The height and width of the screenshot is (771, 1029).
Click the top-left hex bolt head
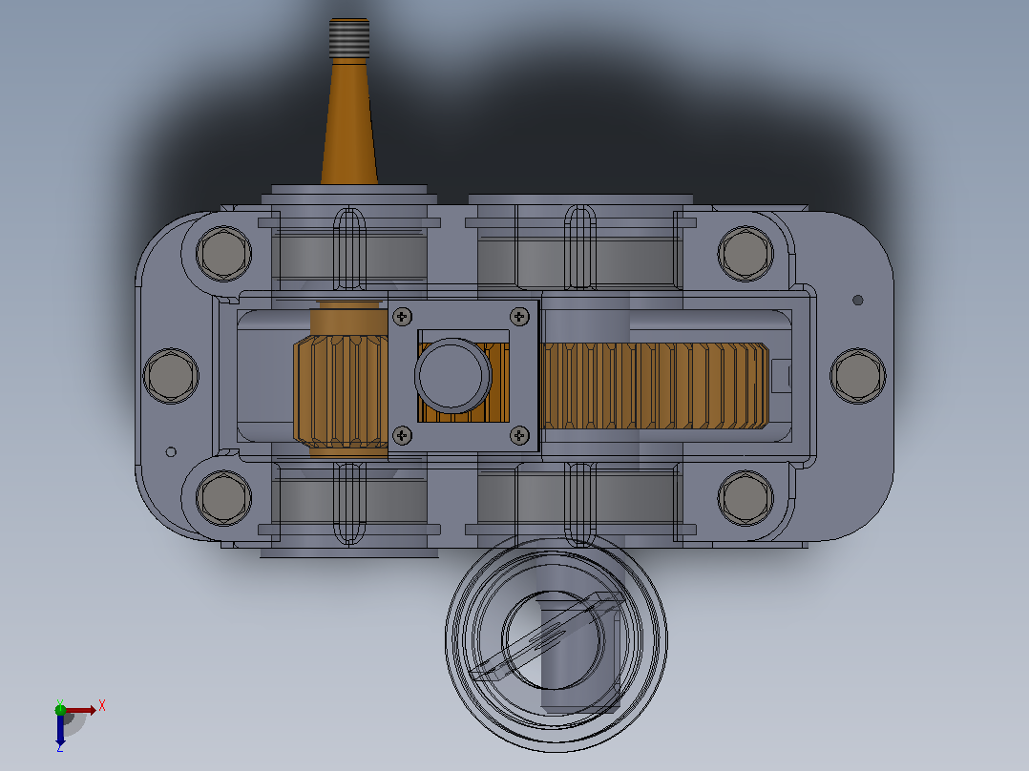(x=223, y=253)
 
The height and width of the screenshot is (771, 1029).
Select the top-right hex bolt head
(x=745, y=253)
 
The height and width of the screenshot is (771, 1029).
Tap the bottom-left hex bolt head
(x=223, y=497)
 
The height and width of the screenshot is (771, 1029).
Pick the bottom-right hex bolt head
(x=745, y=497)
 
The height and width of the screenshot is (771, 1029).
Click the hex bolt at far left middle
(x=171, y=376)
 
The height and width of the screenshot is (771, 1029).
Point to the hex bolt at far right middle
(x=858, y=376)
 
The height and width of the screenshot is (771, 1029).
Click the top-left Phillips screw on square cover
(x=402, y=318)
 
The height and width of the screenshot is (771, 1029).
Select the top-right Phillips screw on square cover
(x=519, y=317)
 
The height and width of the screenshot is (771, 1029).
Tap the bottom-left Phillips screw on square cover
(x=402, y=435)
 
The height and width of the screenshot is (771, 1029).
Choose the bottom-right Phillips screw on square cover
(x=519, y=435)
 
